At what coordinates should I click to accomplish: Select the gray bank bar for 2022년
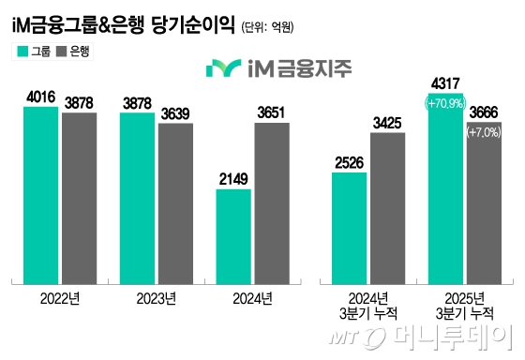coord(80,197)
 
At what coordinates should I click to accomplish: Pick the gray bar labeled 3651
coord(272,202)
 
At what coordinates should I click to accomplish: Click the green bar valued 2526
coord(349,226)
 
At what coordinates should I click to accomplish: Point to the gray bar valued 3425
coord(387,206)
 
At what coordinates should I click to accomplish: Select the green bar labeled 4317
coord(445,187)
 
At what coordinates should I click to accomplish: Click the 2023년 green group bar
coord(138,197)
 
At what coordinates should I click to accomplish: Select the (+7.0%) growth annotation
coord(484,133)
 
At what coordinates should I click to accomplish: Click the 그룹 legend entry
coord(34,52)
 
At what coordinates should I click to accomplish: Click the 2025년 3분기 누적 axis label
coord(464,306)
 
